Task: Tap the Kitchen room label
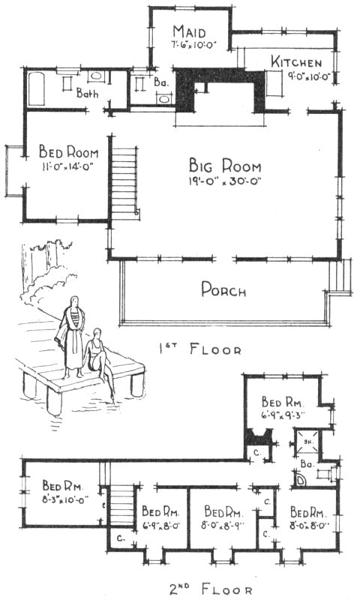297,62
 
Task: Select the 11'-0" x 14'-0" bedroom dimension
66,168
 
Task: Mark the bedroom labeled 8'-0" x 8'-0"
307,520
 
